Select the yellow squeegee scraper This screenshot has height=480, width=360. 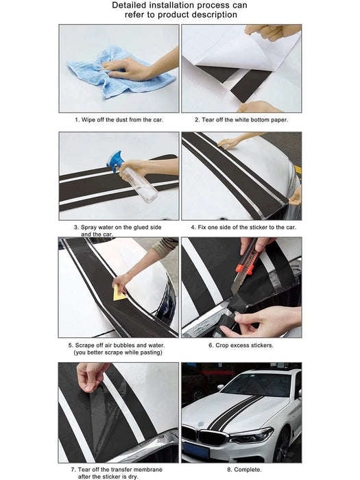(x=120, y=293)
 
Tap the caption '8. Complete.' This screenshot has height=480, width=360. (x=241, y=470)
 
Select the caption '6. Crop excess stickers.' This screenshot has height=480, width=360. (x=241, y=345)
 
